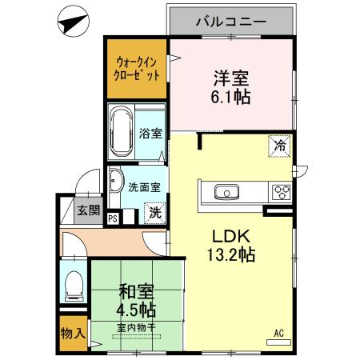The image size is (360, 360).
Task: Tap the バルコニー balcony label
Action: [231, 22]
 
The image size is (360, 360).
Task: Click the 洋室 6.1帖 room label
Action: [231, 87]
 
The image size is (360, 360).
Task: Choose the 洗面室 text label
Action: [145, 188]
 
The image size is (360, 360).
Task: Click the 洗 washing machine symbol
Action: [155, 213]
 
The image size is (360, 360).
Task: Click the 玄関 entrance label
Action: [89, 211]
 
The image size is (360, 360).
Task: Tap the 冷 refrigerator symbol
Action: [280, 146]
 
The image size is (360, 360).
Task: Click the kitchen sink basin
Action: [225, 192]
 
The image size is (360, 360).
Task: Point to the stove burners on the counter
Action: [282, 192]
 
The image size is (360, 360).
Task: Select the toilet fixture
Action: [74, 285]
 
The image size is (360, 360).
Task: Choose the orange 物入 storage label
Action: [73, 332]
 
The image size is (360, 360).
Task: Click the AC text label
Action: [279, 333]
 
